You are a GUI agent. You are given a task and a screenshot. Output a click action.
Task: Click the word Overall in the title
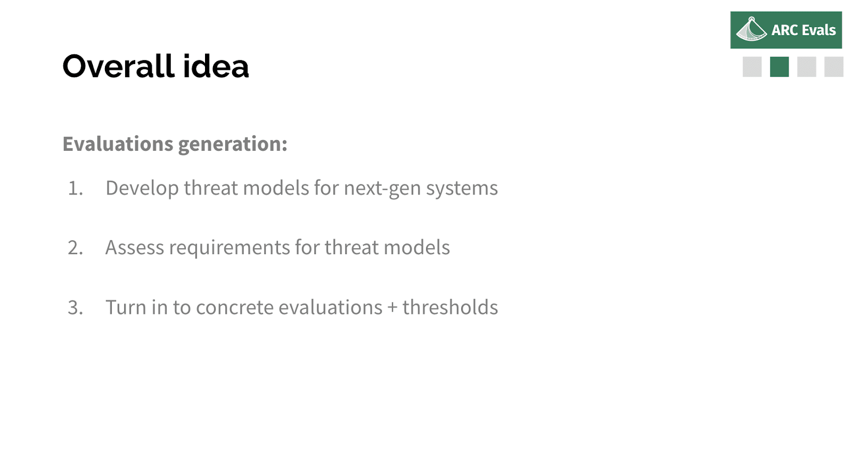click(118, 66)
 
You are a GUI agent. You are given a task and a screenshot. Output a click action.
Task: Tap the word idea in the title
click(216, 66)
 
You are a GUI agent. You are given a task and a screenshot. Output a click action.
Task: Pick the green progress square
click(780, 67)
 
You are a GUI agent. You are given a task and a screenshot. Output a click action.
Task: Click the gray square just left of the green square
click(752, 67)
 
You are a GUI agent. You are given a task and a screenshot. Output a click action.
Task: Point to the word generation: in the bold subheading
click(232, 145)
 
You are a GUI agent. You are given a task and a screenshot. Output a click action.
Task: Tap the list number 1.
click(75, 188)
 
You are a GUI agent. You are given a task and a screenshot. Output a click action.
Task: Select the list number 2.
click(75, 247)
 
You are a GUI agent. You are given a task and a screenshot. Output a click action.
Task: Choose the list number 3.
click(75, 307)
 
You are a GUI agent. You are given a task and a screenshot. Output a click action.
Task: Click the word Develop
click(142, 189)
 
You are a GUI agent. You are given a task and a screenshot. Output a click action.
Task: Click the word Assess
click(135, 247)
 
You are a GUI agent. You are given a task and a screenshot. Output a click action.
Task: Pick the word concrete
click(235, 307)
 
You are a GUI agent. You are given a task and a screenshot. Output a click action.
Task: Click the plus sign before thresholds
click(392, 307)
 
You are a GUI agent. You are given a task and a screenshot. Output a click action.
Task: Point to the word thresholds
click(450, 307)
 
